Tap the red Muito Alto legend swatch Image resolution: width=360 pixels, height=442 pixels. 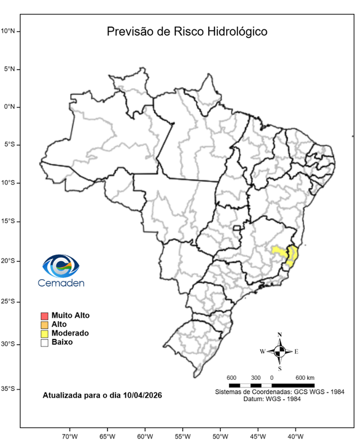[44, 315]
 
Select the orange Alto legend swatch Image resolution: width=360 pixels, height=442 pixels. [44, 325]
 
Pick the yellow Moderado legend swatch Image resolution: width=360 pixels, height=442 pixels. [44, 333]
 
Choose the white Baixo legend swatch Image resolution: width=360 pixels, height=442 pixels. [44, 342]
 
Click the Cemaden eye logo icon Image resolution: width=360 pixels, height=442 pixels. [61, 266]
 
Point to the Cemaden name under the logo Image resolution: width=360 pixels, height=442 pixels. [60, 283]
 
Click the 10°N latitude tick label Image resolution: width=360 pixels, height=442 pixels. [11, 31]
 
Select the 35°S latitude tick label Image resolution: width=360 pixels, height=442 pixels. [11, 389]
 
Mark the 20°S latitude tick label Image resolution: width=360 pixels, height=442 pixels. [11, 261]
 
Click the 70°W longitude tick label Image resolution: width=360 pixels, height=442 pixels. [70, 436]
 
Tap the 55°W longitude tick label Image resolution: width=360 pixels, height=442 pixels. [183, 436]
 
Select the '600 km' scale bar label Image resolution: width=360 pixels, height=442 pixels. [305, 378]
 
